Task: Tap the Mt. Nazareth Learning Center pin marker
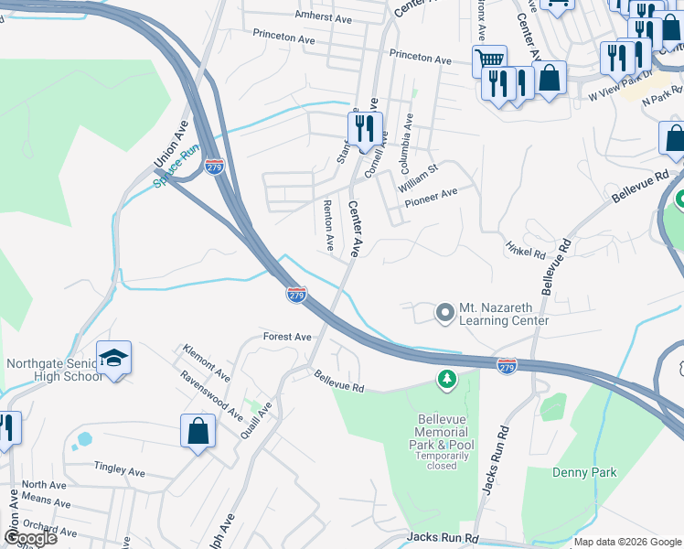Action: click(x=445, y=314)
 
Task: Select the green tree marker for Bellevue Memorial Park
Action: click(x=446, y=379)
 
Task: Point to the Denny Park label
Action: click(x=584, y=473)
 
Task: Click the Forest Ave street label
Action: click(x=287, y=337)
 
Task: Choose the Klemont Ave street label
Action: click(x=207, y=362)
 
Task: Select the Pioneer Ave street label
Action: click(x=432, y=194)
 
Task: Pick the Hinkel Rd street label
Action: click(x=525, y=248)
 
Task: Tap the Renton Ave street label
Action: click(x=329, y=228)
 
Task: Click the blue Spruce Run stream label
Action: click(x=176, y=168)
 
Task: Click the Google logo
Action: click(x=30, y=538)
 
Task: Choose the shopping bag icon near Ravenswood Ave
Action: click(x=198, y=431)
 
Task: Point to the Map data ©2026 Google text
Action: click(x=627, y=542)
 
